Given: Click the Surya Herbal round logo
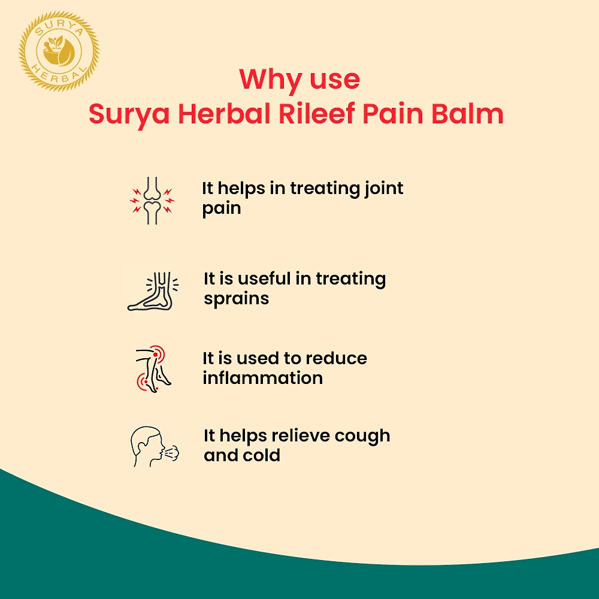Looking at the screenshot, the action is point(59,51).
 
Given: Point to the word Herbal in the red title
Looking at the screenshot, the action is point(225,113).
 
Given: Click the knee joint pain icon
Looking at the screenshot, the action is point(152,200).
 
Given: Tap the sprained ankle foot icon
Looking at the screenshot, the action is point(153,291).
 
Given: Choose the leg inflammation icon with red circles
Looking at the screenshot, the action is point(153,369).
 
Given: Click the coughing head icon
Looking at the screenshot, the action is point(155,446).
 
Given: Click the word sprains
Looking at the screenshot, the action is point(237,299).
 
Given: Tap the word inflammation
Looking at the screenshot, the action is point(263,378).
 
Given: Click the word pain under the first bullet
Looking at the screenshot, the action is point(222,209).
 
